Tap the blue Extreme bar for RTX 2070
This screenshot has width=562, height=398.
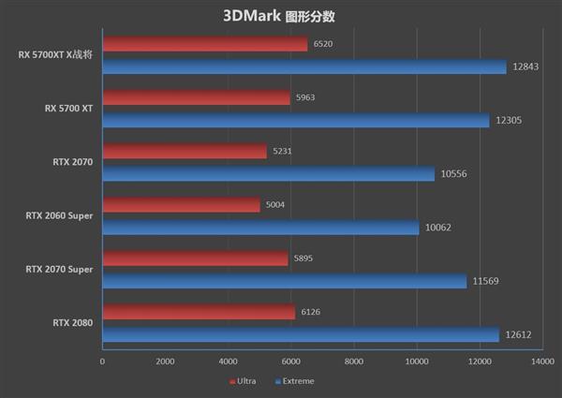click(x=268, y=174)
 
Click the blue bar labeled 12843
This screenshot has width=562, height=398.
click(x=303, y=66)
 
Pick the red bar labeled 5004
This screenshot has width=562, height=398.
click(x=181, y=205)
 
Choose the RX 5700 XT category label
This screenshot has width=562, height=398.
click(x=69, y=109)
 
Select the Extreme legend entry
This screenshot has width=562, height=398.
click(x=294, y=381)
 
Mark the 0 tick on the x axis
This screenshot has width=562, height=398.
click(x=102, y=361)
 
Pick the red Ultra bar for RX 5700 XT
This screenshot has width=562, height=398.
click(x=196, y=97)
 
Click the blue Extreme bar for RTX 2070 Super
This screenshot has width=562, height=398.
click(x=284, y=281)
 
